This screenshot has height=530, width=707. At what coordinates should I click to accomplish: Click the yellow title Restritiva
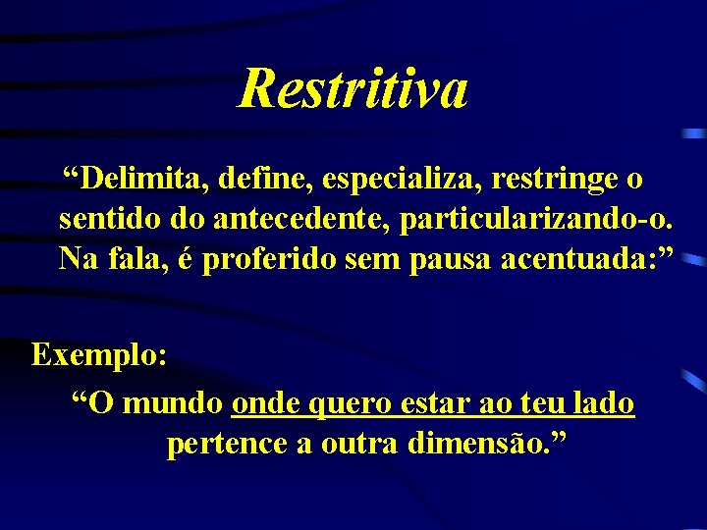(x=353, y=88)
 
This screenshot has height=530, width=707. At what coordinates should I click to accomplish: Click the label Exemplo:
(x=99, y=353)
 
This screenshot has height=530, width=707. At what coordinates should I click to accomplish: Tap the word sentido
(x=103, y=219)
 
